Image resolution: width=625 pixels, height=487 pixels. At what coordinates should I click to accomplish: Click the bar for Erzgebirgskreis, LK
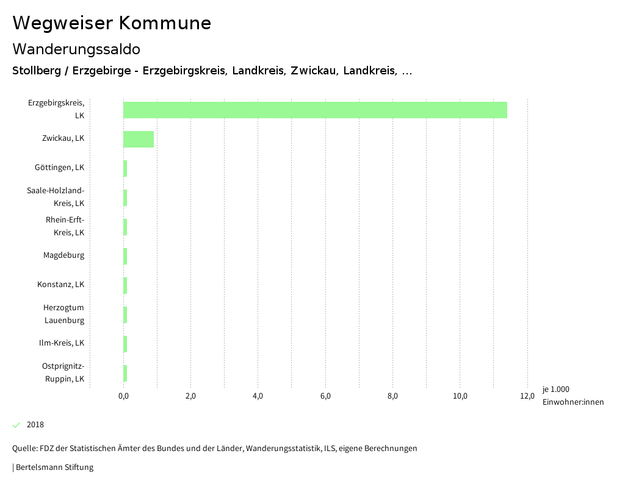pyautogui.click(x=315, y=110)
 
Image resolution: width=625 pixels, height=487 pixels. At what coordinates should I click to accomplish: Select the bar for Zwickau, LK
pyautogui.click(x=139, y=139)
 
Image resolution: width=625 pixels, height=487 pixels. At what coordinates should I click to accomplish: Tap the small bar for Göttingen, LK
pyautogui.click(x=125, y=168)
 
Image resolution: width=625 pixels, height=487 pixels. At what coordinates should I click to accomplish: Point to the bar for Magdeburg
pyautogui.click(x=125, y=256)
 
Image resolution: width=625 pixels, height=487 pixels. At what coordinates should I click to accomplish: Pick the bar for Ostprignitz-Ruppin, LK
pyautogui.click(x=125, y=373)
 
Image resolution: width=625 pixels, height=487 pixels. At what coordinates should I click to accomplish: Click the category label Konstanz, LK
pyautogui.click(x=60, y=285)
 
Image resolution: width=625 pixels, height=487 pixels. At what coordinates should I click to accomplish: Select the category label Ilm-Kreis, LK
pyautogui.click(x=61, y=343)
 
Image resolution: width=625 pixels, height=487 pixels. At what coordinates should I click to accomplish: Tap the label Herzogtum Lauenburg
pyautogui.click(x=63, y=314)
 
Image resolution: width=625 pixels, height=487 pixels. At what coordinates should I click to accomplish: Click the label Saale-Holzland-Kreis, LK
pyautogui.click(x=56, y=197)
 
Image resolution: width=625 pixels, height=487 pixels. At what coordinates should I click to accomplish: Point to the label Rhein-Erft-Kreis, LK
pyautogui.click(x=65, y=226)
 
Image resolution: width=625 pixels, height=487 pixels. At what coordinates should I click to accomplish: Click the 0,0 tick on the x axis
pyautogui.click(x=123, y=397)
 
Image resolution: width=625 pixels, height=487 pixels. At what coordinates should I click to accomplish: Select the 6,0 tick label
pyautogui.click(x=325, y=397)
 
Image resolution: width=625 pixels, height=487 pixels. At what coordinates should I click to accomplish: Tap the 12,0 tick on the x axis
pyautogui.click(x=527, y=397)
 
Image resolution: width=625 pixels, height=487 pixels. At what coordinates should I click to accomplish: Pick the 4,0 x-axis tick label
pyautogui.click(x=258, y=397)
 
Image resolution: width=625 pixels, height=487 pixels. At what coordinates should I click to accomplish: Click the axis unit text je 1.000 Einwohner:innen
pyautogui.click(x=573, y=396)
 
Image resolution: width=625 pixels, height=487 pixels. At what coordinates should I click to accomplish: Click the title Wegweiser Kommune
pyautogui.click(x=112, y=23)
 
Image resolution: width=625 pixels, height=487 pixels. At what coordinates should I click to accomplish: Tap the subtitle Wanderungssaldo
pyautogui.click(x=76, y=49)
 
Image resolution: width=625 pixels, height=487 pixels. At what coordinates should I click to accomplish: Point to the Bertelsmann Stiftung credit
pyautogui.click(x=54, y=467)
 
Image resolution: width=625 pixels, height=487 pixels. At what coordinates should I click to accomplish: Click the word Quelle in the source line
pyautogui.click(x=24, y=449)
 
